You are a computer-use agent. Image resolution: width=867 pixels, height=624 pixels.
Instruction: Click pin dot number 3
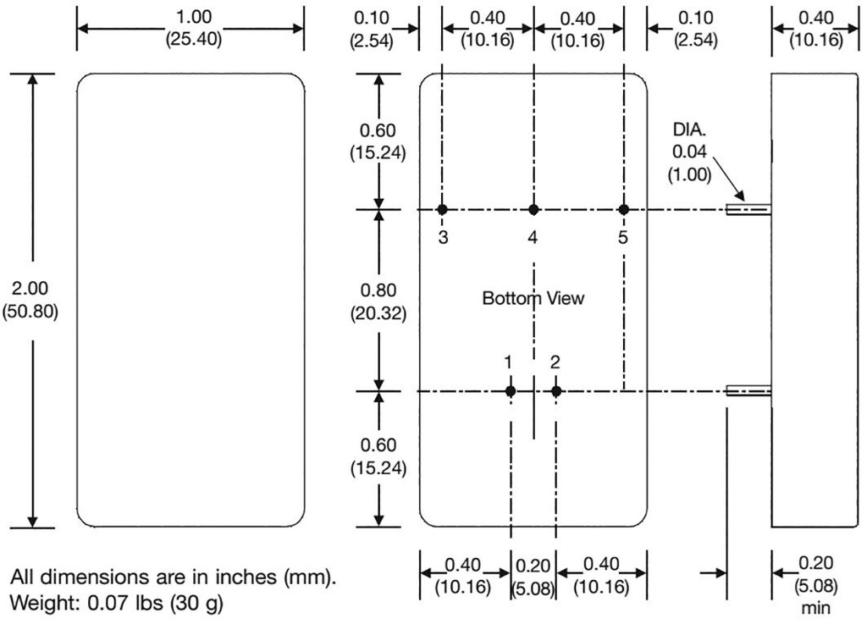click(442, 209)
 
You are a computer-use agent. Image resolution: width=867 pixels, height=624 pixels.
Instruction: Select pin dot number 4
click(533, 209)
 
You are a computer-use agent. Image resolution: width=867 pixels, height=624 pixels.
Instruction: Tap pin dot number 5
click(624, 209)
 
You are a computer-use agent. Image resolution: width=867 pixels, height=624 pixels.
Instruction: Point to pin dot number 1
click(511, 390)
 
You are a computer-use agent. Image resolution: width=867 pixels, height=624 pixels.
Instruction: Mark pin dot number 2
click(556, 390)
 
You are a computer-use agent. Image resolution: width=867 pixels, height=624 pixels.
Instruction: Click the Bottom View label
click(533, 298)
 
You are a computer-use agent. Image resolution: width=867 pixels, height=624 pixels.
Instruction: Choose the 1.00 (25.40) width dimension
click(191, 29)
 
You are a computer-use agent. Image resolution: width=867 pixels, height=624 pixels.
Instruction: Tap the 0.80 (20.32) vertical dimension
click(378, 301)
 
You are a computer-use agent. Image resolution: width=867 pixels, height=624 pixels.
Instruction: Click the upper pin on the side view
click(748, 209)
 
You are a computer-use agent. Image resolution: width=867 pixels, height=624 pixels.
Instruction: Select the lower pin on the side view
click(748, 390)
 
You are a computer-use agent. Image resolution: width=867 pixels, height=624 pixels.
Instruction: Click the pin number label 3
click(443, 238)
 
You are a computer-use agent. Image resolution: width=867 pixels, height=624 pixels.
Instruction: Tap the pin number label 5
click(623, 238)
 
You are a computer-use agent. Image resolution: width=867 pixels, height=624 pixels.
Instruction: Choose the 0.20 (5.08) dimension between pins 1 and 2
click(533, 575)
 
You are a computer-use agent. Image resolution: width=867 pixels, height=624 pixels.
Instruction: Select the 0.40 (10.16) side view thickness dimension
click(816, 29)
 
